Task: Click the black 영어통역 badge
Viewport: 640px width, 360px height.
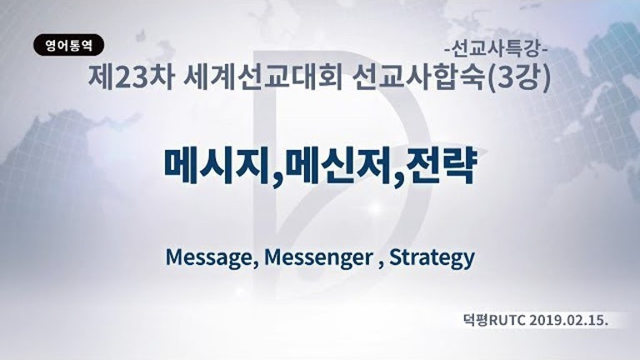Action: pyautogui.click(x=68, y=45)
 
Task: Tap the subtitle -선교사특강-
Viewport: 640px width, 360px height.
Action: pyautogui.click(x=496, y=50)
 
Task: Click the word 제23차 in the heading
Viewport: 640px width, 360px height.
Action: pyautogui.click(x=132, y=77)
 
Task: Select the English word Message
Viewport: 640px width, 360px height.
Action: pyautogui.click(x=209, y=257)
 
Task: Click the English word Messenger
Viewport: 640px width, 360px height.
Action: pyautogui.click(x=318, y=257)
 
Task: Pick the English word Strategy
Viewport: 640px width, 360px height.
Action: pyautogui.click(x=432, y=257)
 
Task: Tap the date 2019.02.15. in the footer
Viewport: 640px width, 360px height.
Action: pyautogui.click(x=569, y=321)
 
